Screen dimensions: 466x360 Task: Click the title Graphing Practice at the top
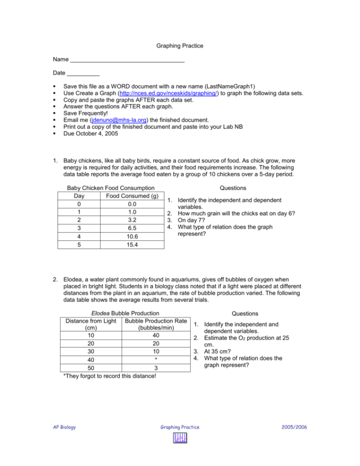180,46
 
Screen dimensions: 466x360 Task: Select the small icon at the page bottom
180,439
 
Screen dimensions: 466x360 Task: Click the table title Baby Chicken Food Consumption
111,188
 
